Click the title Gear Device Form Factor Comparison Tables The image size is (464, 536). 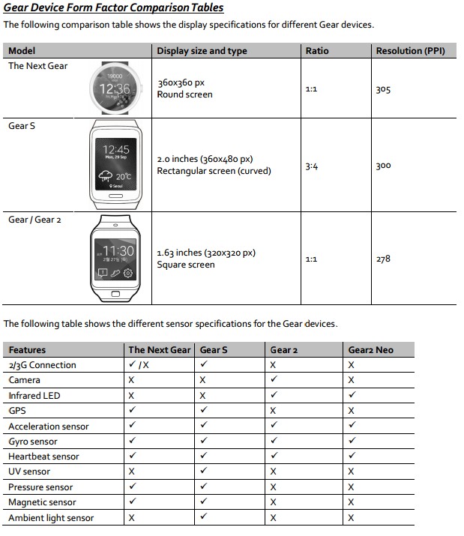pyautogui.click(x=113, y=8)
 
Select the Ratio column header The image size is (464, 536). pyautogui.click(x=318, y=51)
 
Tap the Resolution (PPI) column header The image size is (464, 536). pyautogui.click(x=411, y=51)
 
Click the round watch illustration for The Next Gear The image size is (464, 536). pyautogui.click(x=115, y=89)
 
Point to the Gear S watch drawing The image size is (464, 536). pyautogui.click(x=115, y=164)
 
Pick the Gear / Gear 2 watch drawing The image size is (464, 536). pyautogui.click(x=116, y=258)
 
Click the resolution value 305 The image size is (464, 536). pyautogui.click(x=383, y=89)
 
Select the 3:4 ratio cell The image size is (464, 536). pyautogui.click(x=312, y=166)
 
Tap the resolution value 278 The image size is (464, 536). pyautogui.click(x=383, y=259)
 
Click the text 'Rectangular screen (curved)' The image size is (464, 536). pyautogui.click(x=214, y=171)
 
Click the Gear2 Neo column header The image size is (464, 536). pyautogui.click(x=370, y=349)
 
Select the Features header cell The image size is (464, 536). pyautogui.click(x=27, y=349)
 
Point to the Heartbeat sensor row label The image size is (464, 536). pyautogui.click(x=43, y=457)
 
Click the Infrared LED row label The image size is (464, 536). pyautogui.click(x=34, y=395)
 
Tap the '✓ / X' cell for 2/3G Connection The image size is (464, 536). pyautogui.click(x=139, y=365)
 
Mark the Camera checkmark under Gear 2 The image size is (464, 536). pyautogui.click(x=274, y=380)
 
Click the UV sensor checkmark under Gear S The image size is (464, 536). pyautogui.click(x=203, y=472)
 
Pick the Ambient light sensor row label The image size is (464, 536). pyautogui.click(x=51, y=518)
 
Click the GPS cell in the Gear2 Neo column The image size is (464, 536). pyautogui.click(x=352, y=411)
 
